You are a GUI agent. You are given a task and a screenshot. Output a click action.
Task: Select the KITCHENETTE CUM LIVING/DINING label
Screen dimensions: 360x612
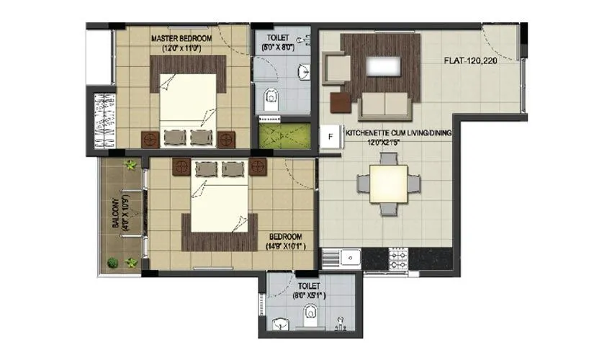point(397,133)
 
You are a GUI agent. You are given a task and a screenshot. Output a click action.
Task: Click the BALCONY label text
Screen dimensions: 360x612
point(115,214)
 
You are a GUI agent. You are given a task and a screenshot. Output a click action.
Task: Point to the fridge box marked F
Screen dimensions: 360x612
point(331,135)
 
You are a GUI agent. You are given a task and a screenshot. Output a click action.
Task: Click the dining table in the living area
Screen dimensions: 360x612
point(388,184)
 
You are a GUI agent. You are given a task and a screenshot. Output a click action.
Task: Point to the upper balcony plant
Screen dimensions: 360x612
point(130,166)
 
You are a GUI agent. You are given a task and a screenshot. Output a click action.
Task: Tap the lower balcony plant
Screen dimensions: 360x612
point(112,262)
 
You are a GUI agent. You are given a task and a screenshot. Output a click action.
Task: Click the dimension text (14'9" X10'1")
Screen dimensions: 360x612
point(284,246)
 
